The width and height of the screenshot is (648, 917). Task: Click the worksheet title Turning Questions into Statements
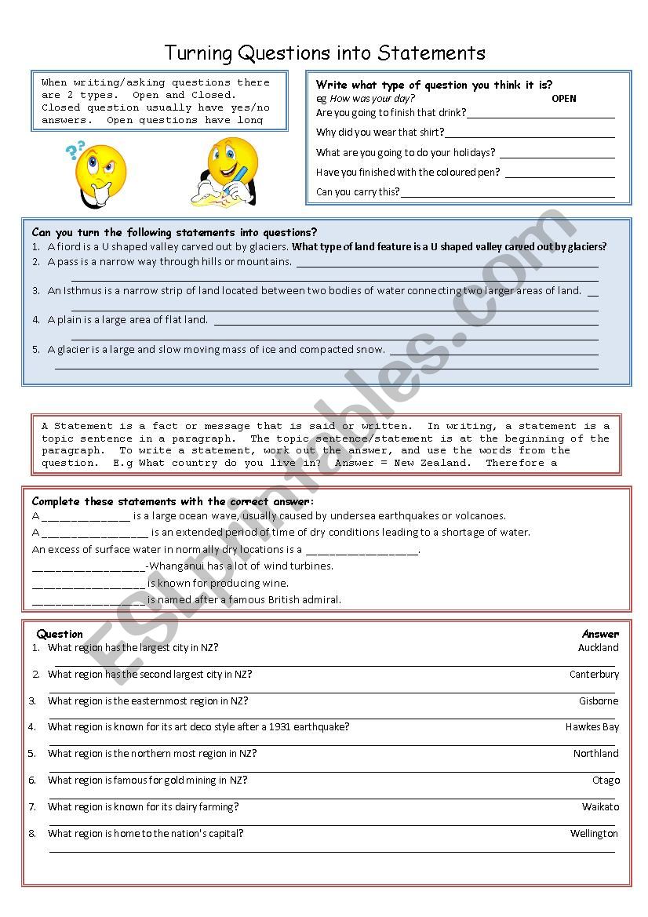[x=325, y=53]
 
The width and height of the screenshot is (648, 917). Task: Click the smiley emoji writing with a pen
[x=228, y=172]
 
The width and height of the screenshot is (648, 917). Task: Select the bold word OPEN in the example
[x=563, y=99]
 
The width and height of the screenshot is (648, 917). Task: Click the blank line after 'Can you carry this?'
[x=508, y=193]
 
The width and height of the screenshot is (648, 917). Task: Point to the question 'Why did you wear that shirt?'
[x=380, y=133]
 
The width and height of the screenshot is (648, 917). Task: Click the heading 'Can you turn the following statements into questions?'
[x=174, y=232]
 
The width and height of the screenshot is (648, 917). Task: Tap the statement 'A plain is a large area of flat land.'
[x=128, y=320]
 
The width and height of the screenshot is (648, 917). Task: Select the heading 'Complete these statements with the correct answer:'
[x=173, y=501]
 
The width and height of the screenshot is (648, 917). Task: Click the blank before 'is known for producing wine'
[x=89, y=584]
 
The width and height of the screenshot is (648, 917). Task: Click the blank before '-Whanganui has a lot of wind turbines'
[x=89, y=567]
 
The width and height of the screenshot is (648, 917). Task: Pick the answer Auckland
[x=598, y=648]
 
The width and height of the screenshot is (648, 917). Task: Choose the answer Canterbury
[x=594, y=675]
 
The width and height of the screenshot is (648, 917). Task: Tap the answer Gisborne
[x=599, y=701]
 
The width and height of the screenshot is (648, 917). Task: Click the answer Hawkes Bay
[x=592, y=727]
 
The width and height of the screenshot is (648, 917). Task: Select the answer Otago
[x=606, y=781]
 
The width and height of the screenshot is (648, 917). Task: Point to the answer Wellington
[x=594, y=834]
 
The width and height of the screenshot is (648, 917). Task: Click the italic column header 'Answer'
[x=600, y=634]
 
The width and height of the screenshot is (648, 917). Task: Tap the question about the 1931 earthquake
[x=198, y=727]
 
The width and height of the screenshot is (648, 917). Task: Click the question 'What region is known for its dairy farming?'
[x=143, y=807]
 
